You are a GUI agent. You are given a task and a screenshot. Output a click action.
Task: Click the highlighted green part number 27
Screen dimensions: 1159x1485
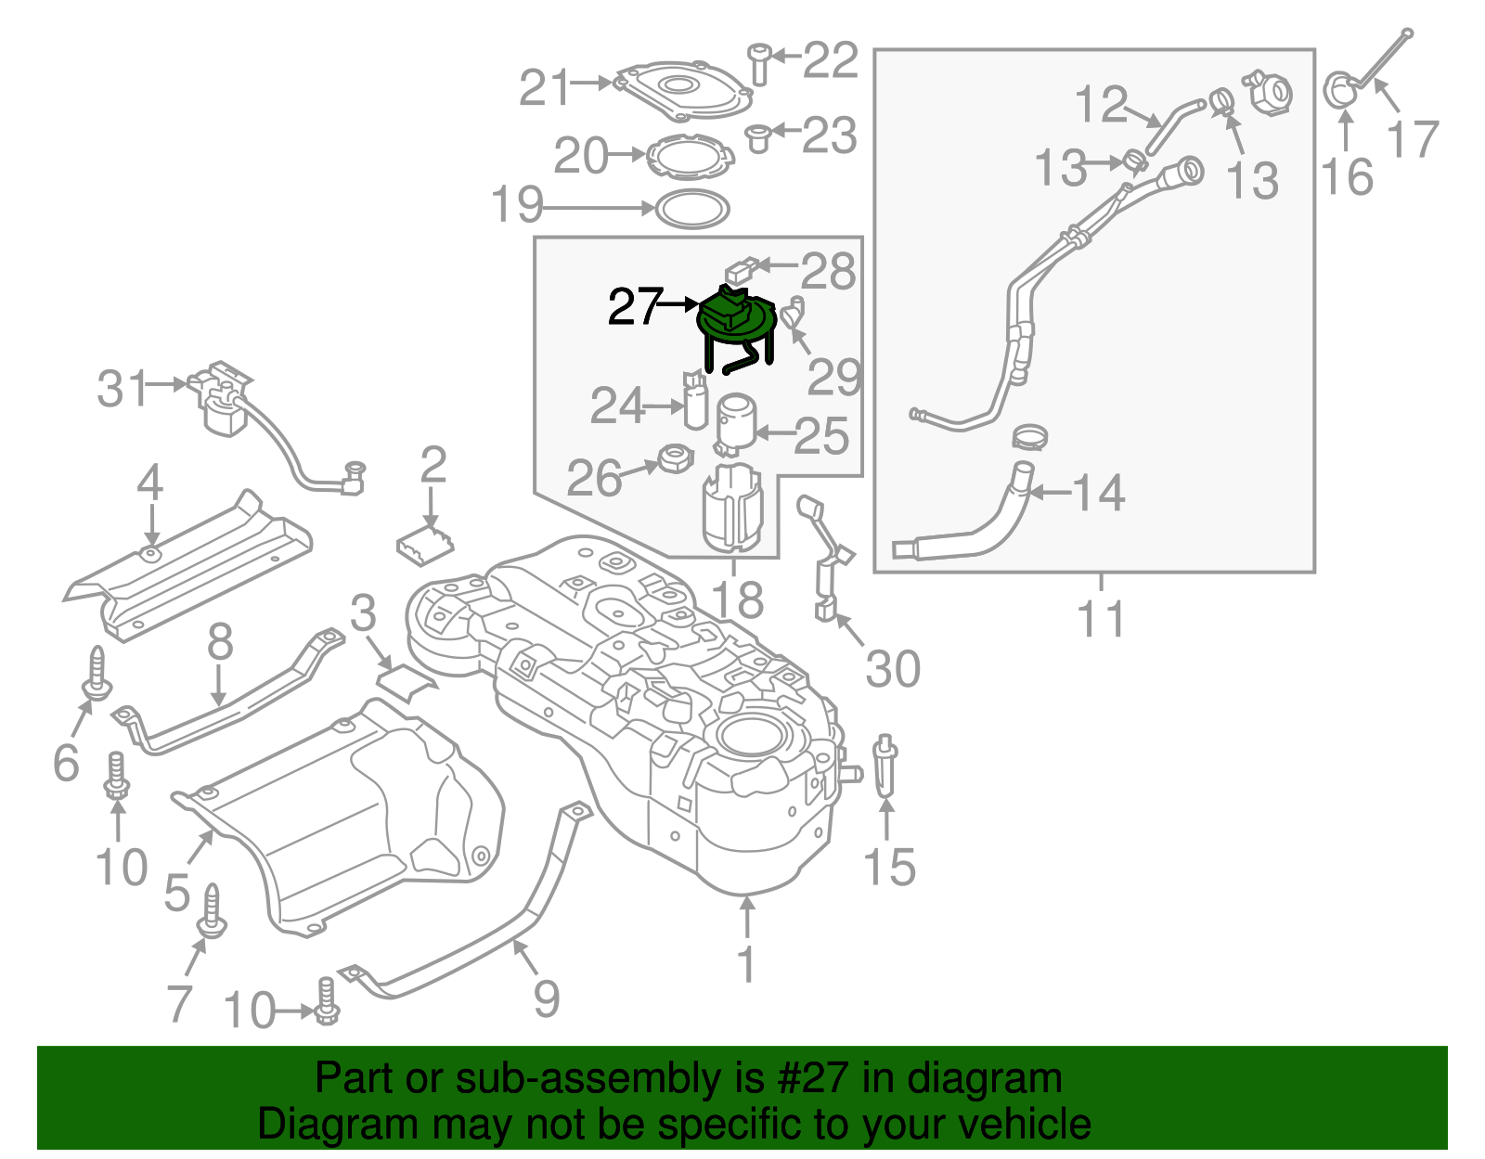tap(736, 320)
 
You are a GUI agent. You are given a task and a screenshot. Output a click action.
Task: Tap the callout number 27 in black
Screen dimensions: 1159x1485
tap(635, 306)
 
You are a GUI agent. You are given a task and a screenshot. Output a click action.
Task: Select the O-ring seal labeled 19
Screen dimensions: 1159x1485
tap(692, 209)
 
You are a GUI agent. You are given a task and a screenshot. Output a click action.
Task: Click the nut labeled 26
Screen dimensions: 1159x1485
tap(675, 457)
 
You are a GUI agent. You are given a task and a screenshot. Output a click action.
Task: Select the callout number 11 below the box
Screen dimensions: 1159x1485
tap(1101, 619)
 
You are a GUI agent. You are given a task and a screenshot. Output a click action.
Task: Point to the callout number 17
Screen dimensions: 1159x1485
tap(1412, 139)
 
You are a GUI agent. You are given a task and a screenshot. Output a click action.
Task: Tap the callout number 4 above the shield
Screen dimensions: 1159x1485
tap(149, 483)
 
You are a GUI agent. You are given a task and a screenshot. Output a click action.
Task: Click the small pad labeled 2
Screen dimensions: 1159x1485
tap(424, 545)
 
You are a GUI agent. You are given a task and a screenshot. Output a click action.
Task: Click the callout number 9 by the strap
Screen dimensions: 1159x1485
tap(547, 998)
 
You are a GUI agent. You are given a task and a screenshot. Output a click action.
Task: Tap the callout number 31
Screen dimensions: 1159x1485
tap(123, 389)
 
